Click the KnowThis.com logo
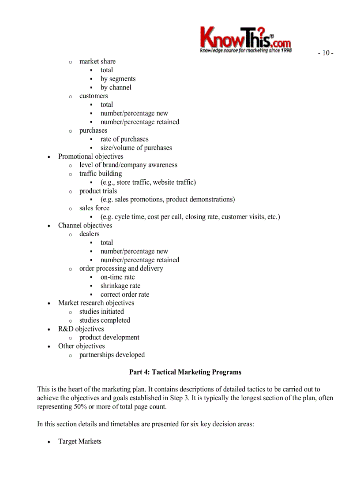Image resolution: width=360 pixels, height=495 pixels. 245,39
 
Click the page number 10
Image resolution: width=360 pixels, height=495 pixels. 326,53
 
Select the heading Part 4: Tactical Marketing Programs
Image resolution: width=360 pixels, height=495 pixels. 185,372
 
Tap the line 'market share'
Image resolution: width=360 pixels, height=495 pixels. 97,61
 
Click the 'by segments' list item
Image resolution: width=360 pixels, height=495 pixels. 118,78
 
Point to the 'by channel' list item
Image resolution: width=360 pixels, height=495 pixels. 116,87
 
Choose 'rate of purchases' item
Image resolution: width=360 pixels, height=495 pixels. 124,139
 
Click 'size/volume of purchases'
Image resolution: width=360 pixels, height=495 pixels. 136,148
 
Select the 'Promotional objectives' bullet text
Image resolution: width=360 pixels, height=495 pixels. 90,156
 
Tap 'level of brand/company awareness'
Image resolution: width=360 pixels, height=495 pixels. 128,165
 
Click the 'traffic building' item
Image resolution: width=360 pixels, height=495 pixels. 101,173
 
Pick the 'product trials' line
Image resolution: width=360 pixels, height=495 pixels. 98,191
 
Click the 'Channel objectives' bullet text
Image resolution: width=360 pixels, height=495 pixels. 85,225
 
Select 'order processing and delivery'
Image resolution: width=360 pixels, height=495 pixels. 121,268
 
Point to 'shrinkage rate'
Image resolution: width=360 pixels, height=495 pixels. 120,286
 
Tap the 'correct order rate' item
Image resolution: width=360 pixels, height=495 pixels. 124,294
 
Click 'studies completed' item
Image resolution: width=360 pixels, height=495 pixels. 105,320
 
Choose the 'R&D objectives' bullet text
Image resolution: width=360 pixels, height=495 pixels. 81,329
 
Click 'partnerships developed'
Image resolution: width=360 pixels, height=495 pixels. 112,354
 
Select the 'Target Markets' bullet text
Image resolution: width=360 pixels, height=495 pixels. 79,441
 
